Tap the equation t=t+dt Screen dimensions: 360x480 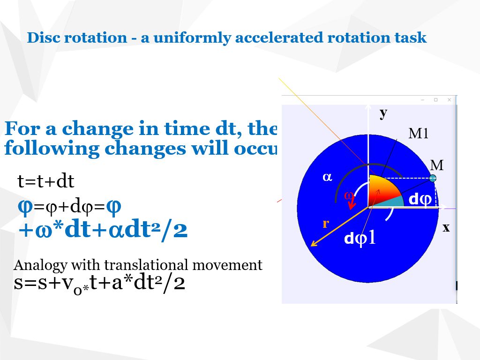pyautogui.click(x=46, y=182)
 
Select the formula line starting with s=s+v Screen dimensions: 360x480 pyautogui.click(x=99, y=283)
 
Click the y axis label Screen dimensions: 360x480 pyautogui.click(x=383, y=112)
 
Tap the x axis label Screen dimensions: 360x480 pyautogui.click(x=446, y=227)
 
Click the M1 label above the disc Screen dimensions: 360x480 pyautogui.click(x=419, y=134)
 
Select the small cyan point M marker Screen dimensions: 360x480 pyautogui.click(x=433, y=178)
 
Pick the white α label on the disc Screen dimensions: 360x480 pyautogui.click(x=327, y=177)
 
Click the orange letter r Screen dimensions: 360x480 pyautogui.click(x=325, y=224)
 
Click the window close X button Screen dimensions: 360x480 pyautogui.click(x=449, y=100)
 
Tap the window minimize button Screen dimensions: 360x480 pyautogui.click(x=422, y=100)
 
